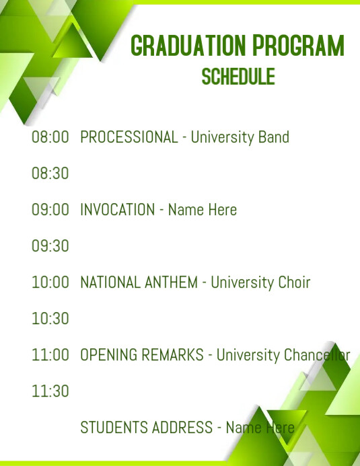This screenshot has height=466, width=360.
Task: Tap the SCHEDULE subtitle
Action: tap(238, 76)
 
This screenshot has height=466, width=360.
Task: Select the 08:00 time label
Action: tap(50, 137)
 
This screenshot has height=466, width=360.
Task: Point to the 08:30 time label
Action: tap(50, 173)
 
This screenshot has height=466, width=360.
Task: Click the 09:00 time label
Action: tap(50, 210)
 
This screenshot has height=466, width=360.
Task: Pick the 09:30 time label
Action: tap(50, 246)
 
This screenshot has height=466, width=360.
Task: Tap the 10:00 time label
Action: tap(50, 282)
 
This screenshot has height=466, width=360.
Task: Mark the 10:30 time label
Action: tap(50, 319)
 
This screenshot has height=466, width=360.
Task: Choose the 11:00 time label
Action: tap(50, 355)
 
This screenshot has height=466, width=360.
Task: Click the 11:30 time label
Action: tap(50, 391)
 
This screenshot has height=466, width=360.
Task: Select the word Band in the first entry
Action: tap(274, 137)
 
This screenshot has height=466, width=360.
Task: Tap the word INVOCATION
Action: tap(117, 210)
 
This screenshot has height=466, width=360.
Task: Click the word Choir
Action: tap(294, 282)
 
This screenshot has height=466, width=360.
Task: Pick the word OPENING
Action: tap(108, 355)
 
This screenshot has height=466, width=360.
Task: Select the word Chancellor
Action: tap(316, 355)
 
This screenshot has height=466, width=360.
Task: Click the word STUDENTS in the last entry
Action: tap(112, 428)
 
